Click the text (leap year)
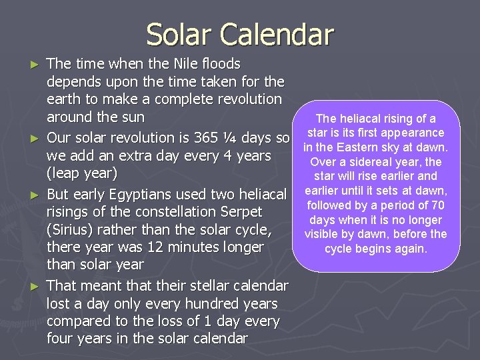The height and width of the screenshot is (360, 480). [x=82, y=174]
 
